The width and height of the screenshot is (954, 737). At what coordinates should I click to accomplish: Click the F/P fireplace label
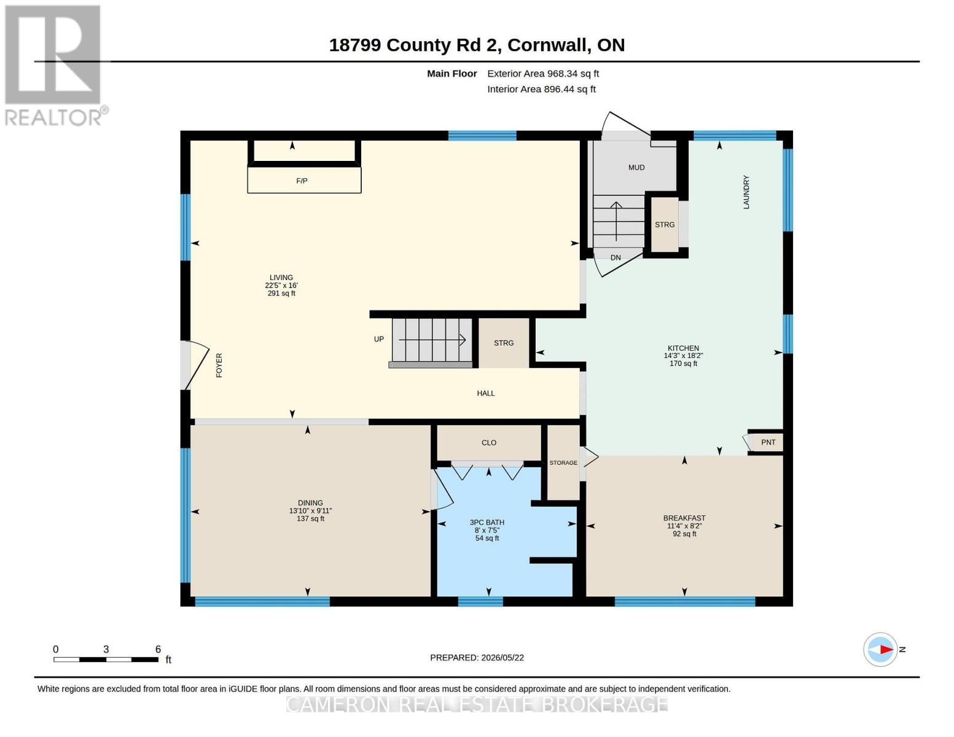[302, 181]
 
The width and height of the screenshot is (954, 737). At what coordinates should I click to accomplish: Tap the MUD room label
[636, 167]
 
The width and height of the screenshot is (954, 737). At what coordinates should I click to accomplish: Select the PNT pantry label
[768, 442]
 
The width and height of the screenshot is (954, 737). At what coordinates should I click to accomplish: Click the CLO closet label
[488, 443]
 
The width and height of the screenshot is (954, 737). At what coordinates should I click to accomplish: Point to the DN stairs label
[616, 258]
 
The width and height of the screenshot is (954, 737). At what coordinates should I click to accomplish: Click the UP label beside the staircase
[378, 339]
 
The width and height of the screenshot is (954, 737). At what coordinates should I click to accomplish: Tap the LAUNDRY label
[746, 192]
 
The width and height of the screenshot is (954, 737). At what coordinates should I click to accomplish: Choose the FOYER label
[219, 365]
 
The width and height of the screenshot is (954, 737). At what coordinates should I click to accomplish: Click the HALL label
[485, 393]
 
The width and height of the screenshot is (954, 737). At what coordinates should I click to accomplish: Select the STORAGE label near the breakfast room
[563, 462]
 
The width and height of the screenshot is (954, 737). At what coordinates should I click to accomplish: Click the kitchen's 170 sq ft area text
[683, 364]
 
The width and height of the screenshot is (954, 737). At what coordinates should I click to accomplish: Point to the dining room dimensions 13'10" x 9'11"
[310, 510]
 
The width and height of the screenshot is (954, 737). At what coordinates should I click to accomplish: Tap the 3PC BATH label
[487, 523]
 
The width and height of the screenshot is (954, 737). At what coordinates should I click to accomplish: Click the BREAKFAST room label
[684, 518]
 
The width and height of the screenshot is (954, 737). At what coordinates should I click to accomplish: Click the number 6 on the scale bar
[158, 649]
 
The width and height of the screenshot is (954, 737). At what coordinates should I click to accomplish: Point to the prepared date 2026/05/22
[502, 658]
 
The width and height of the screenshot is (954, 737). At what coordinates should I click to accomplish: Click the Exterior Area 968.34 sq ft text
[543, 74]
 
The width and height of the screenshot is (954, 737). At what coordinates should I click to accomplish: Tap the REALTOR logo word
[53, 118]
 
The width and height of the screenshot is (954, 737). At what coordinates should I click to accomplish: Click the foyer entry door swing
[196, 365]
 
